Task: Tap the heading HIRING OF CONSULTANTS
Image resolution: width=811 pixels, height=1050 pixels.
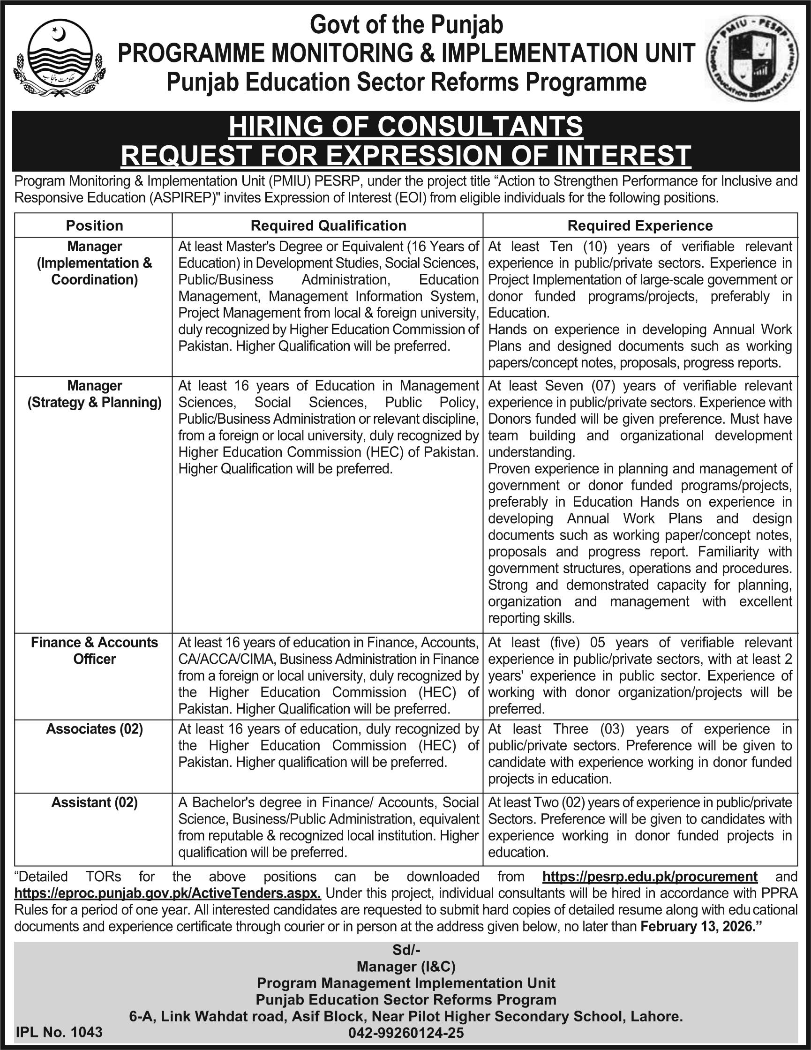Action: pos(406,127)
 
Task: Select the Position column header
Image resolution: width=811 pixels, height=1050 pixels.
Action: pos(94,225)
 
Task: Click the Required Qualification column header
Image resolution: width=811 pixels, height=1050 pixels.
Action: pos(328,225)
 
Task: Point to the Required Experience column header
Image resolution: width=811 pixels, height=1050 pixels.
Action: pos(640,225)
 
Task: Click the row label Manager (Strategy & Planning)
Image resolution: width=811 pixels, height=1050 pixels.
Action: pos(94,394)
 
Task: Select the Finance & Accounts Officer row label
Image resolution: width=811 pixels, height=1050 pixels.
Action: pos(94,651)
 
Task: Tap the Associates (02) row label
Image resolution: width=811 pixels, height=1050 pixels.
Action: pos(94,729)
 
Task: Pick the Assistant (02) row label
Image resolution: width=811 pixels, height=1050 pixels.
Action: pos(94,802)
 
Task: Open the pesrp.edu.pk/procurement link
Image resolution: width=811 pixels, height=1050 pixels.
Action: pos(650,877)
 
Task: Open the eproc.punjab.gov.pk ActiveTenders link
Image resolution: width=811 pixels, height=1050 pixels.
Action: pos(167,893)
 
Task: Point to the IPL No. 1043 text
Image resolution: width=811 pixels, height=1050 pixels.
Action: pos(59,1032)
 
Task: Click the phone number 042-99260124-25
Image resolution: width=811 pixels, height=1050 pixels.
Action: pos(406,1033)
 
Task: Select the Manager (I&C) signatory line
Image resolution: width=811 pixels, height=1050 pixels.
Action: pos(406,967)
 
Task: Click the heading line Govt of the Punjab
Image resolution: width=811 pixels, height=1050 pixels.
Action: pos(406,25)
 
